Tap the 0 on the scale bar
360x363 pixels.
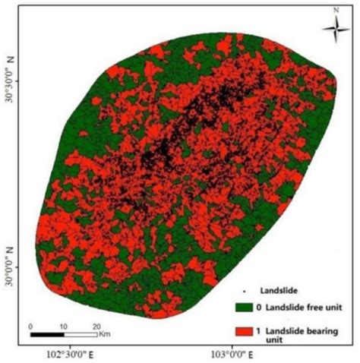(30, 325)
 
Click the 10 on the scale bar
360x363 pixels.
(63, 325)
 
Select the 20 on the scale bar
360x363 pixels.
(96, 325)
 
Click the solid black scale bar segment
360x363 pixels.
(46, 333)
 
